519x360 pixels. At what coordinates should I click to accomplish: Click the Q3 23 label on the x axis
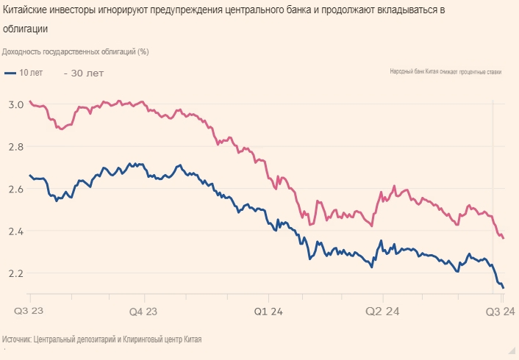point(29,312)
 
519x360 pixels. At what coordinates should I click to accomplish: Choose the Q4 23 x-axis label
point(143,312)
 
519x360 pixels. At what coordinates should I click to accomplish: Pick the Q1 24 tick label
point(269,312)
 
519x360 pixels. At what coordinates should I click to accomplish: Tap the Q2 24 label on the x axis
point(382,312)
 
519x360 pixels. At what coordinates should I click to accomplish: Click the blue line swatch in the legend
point(10,73)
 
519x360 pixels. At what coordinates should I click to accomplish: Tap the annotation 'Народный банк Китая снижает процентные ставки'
point(445,72)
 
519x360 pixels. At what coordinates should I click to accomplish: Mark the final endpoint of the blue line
point(503,287)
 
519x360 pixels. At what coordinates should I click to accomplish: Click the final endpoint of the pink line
point(503,238)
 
